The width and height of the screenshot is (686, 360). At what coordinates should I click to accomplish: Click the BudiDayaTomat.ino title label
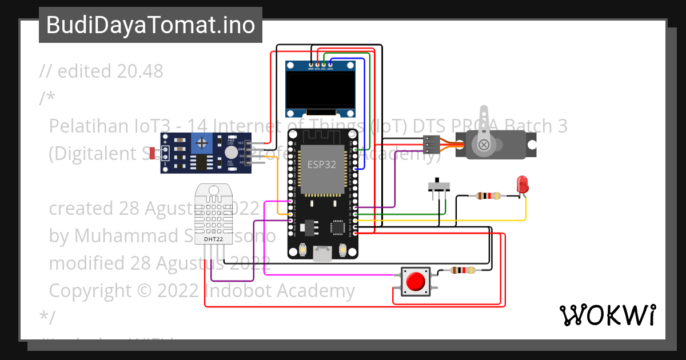pos(150,25)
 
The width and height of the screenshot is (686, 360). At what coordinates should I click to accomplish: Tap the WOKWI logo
pos(608,315)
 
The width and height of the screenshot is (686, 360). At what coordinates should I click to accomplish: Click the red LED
pos(522,185)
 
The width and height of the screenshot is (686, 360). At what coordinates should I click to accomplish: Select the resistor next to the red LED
pos(488,196)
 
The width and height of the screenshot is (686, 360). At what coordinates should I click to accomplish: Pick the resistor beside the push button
pos(462,271)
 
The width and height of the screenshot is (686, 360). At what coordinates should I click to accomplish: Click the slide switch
pos(439,187)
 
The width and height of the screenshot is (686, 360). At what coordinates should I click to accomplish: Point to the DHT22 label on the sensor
pos(214,239)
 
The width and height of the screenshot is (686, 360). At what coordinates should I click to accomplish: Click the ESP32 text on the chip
pos(322,164)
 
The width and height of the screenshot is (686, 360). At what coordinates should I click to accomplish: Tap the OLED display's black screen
pos(320,91)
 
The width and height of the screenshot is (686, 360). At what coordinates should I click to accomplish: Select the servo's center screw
pos(484,145)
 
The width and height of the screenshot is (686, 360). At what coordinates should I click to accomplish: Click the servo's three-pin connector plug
pos(432,144)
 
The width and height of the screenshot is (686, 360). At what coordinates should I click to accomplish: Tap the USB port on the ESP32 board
pos(322,254)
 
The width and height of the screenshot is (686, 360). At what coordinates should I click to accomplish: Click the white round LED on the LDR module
pos(230,152)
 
